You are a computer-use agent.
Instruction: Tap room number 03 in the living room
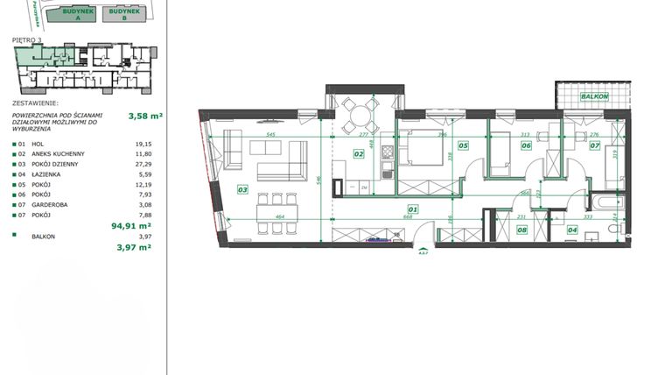[242, 188]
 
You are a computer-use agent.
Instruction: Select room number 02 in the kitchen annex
[358, 153]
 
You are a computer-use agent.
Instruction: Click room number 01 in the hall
[413, 209]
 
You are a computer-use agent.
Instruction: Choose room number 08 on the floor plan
[521, 230]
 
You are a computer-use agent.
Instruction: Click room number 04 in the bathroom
[572, 230]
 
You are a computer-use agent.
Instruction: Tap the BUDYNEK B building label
[123, 12]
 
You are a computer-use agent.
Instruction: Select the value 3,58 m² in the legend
[145, 115]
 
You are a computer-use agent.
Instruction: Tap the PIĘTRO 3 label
[27, 39]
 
